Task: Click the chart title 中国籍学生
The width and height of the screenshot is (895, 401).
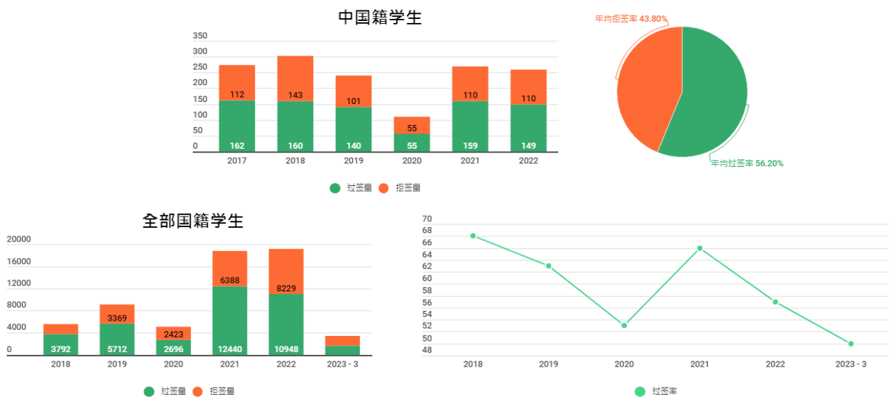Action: point(380,17)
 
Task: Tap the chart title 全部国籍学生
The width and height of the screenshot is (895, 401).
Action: point(192,221)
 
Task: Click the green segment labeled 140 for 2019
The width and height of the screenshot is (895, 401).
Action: point(353,129)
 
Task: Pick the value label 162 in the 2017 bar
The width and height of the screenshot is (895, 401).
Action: point(237,146)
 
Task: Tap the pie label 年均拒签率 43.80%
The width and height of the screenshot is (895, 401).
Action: point(631,19)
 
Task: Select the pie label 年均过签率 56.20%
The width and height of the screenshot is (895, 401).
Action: point(747,163)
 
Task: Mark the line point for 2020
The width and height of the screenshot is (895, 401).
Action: point(624,326)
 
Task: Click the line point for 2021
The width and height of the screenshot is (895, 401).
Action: point(699,248)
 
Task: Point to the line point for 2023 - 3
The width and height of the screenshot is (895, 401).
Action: point(851,344)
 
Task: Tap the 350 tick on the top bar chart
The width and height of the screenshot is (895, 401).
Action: point(200,36)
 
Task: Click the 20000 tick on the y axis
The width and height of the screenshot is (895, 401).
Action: point(19,240)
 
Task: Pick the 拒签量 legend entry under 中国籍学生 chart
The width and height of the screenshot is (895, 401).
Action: point(401,188)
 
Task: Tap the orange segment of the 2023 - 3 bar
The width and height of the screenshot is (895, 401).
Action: point(343,341)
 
